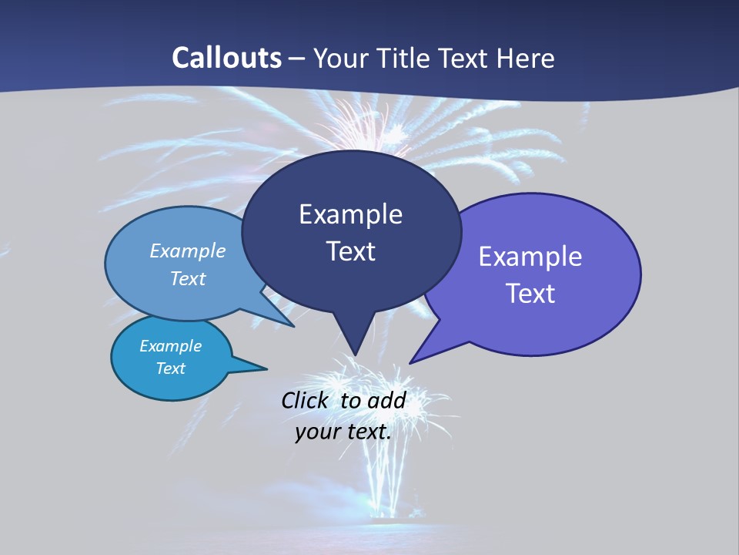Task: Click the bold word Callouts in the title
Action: coord(227,58)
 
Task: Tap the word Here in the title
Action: coord(527,58)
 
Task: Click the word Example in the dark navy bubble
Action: coord(350,214)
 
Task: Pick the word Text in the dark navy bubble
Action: coord(350,251)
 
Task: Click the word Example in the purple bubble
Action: coord(530,257)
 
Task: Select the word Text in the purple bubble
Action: coord(530,294)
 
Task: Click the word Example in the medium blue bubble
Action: coord(188,251)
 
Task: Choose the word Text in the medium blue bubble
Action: coord(188,278)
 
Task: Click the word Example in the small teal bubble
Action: coord(171,346)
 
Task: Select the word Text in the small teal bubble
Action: coord(171,368)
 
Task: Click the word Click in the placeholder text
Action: coord(304,400)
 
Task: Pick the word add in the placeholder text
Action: coord(386,400)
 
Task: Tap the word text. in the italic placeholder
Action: coord(367,432)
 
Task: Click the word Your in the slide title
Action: coord(339,58)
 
